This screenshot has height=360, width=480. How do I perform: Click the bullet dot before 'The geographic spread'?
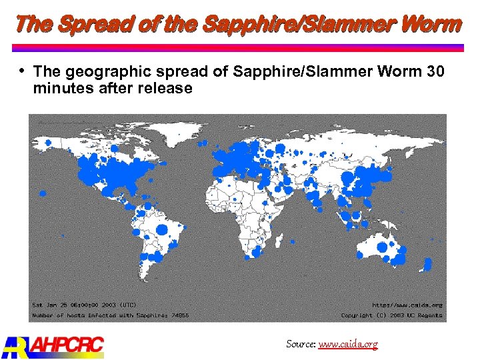[x=22, y=70]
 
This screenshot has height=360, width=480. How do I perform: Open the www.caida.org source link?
[x=348, y=344]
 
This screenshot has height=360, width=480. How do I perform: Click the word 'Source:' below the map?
[x=301, y=344]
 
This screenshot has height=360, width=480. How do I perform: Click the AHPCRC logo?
[x=53, y=345]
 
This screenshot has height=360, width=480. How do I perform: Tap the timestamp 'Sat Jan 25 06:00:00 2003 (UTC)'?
[x=85, y=305]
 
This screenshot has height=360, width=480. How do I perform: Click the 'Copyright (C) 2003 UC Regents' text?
[x=392, y=314]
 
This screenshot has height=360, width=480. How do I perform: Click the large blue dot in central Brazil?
[x=161, y=230]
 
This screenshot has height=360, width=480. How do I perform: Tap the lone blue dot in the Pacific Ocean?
[x=42, y=193]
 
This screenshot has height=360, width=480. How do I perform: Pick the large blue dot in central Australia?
[x=382, y=247]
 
